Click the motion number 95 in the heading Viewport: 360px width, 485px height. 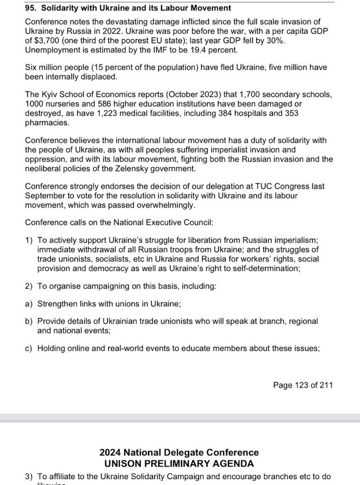(x=31, y=8)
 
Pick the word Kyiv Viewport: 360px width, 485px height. (x=51, y=95)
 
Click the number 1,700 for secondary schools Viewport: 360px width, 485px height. (x=240, y=95)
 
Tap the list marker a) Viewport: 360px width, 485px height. (x=29, y=304)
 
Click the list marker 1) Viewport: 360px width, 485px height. (x=29, y=241)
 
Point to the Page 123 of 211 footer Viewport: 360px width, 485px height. (x=303, y=385)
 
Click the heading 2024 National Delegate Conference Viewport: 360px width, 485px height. (x=179, y=453)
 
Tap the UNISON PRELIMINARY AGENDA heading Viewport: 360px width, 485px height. (x=179, y=463)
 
